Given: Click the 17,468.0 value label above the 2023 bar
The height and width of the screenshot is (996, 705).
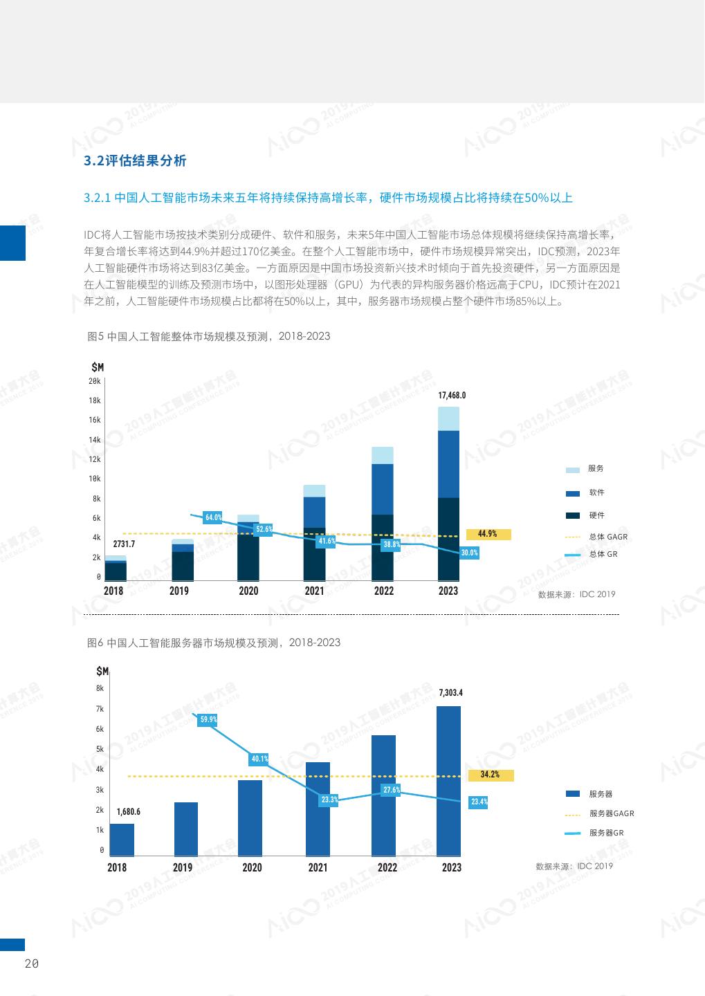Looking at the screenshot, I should coord(452,396).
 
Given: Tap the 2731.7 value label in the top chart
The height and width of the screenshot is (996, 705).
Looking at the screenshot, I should coord(124,544).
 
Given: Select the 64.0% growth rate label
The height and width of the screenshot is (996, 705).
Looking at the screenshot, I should coord(213,517).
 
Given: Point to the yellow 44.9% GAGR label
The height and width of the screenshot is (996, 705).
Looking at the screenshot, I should coord(488,534).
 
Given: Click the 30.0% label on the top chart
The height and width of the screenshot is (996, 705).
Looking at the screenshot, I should coord(469,553).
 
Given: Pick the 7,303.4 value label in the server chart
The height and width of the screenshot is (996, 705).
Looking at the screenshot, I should coord(450,692).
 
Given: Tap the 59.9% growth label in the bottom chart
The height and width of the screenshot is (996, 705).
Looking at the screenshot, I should coord(208,719).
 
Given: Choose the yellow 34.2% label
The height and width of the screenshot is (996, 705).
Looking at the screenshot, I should coord(490,775).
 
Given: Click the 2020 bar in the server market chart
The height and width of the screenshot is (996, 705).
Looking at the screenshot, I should coord(250,818).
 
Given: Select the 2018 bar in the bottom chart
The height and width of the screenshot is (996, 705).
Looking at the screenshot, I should coord(122,840).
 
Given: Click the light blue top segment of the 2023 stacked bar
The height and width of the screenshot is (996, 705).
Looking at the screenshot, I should coord(448,418).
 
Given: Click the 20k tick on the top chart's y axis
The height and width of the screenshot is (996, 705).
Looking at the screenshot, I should coord(95,381).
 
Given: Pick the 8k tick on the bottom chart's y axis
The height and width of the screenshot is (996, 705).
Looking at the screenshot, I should coord(100,688).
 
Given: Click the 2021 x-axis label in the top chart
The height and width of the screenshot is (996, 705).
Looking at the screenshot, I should coord(314,591).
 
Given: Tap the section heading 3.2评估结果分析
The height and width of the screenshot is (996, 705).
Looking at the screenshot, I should coord(135,161).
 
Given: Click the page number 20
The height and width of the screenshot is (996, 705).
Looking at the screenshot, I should coord(31,964).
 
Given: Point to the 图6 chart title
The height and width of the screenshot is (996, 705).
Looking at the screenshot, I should coord(214,643).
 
